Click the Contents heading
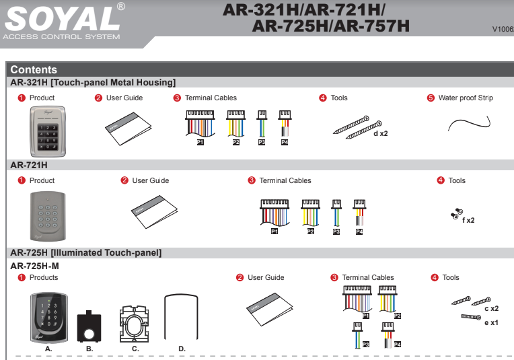point(34,70)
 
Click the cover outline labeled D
point(182,316)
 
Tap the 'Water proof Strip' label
point(465,98)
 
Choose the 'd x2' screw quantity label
point(381,133)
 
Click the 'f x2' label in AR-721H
point(468,220)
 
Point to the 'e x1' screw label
point(491,322)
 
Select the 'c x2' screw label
point(491,308)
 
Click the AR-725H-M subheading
point(35,266)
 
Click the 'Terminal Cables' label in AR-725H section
point(368,277)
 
